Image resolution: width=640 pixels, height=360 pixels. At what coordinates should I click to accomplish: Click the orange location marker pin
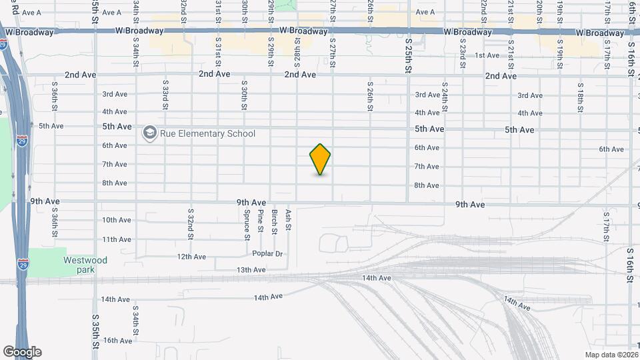pos(320,159)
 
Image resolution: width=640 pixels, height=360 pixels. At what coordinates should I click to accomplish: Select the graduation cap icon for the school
pos(149,133)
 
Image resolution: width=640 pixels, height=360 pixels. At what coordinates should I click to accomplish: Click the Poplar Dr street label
pos(268,253)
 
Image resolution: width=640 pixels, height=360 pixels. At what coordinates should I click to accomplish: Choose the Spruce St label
pos(247,225)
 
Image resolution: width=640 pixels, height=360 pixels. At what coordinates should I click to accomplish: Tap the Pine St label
pos(261,221)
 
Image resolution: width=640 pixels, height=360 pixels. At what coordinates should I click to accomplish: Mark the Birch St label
pos(275,222)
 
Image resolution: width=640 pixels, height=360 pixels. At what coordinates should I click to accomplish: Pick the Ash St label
pos(289,219)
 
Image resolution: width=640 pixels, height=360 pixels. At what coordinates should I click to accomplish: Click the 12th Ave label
pos(192,256)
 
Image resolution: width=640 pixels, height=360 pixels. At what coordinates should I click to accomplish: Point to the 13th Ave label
pos(251,270)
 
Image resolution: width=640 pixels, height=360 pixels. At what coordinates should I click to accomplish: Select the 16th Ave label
pos(117,341)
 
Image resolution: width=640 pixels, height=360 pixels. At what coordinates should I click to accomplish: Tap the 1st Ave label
pos(487,55)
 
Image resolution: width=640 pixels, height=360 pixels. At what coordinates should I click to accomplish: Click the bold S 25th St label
pos(409,55)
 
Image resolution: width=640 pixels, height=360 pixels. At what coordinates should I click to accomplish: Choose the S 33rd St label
pos(165,95)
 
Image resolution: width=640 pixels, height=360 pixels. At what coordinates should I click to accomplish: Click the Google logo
pos(22,352)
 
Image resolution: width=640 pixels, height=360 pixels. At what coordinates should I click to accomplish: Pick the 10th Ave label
pos(117,220)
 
